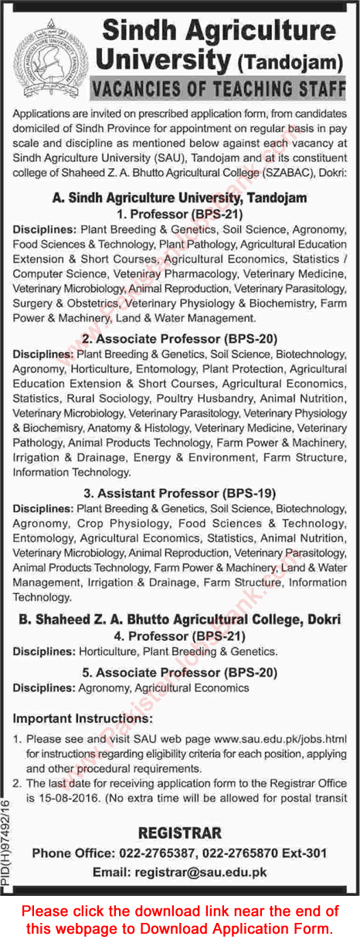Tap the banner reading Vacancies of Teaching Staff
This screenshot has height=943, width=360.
coord(218,90)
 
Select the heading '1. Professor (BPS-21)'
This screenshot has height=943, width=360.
coord(180,213)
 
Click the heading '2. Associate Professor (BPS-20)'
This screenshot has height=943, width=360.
coord(180,338)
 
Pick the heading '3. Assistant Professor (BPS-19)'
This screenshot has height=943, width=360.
coord(180,493)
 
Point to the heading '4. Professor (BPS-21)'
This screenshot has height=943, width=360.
coord(180,636)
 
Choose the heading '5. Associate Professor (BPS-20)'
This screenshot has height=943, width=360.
coord(180,672)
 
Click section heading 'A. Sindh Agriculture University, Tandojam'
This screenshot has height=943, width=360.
coord(180,198)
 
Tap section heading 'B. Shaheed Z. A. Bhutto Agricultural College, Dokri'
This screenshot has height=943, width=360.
coord(180,620)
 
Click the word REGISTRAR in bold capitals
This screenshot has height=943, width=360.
coord(180,833)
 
